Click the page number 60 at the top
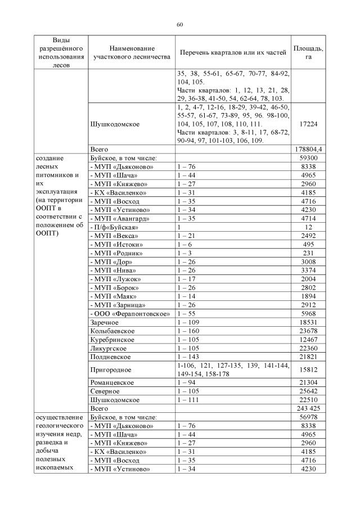pos(180,25)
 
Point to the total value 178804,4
pos(308,149)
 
